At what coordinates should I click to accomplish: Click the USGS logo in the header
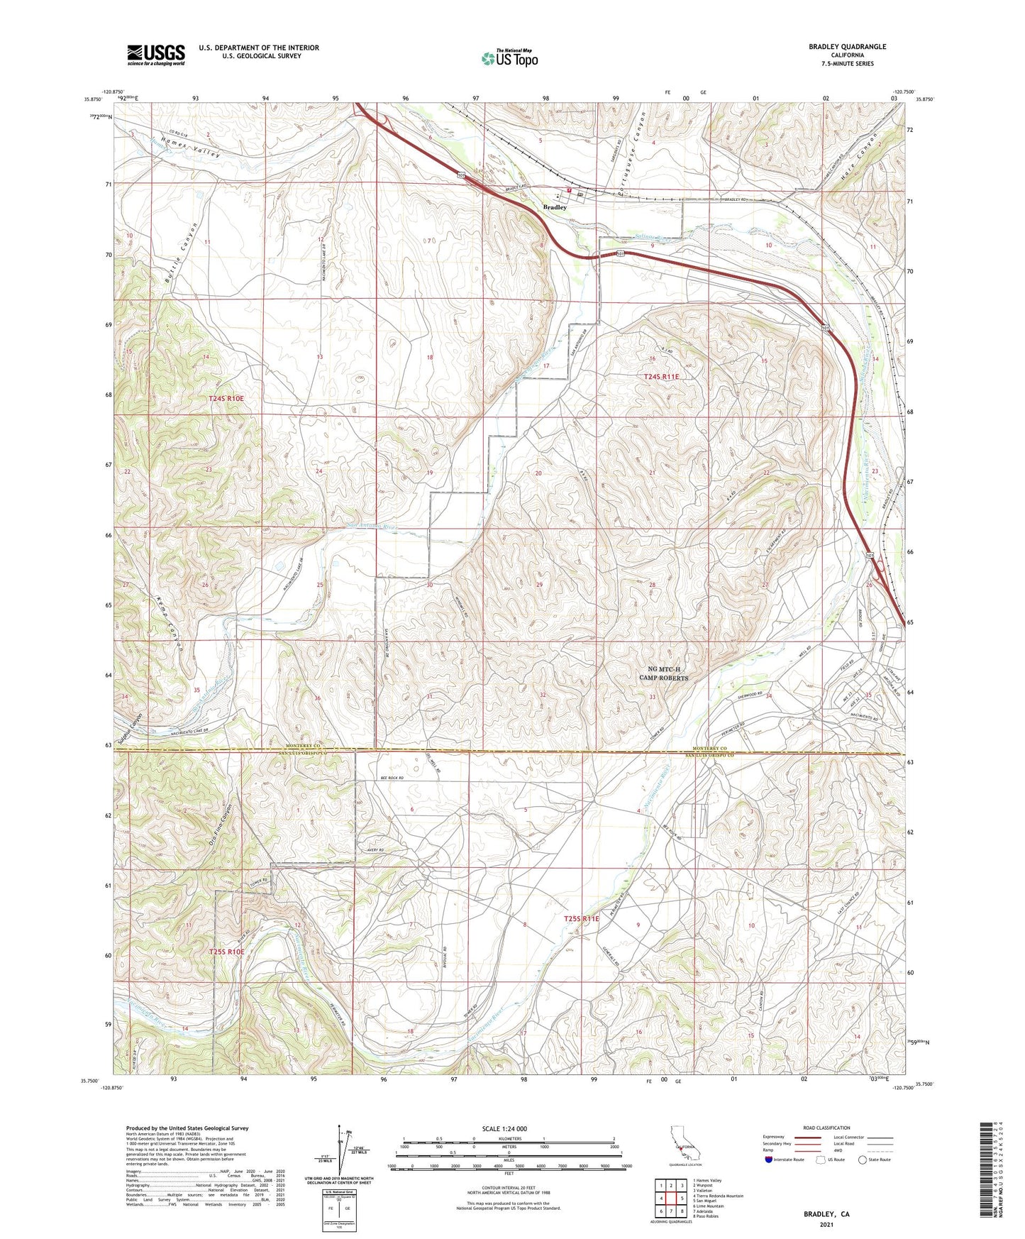[x=156, y=54]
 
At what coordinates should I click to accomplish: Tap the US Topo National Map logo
[x=509, y=57]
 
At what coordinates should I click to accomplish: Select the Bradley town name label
[x=555, y=207]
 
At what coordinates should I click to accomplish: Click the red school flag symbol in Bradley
[x=569, y=190]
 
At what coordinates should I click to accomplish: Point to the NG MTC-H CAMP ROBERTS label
[x=663, y=673]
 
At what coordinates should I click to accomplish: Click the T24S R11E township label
[x=661, y=377]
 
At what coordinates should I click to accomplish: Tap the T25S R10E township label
[x=227, y=952]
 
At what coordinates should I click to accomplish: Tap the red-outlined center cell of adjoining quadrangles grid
[x=671, y=1197]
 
